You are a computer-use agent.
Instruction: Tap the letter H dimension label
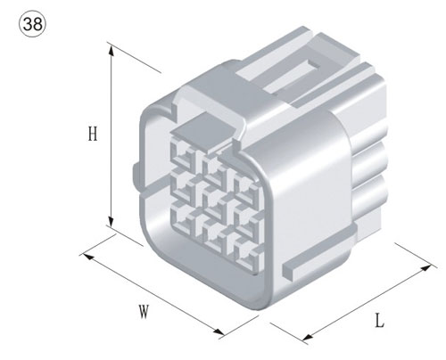coord(92,135)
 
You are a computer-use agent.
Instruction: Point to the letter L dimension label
coord(378,321)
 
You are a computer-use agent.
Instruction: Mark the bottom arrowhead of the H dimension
coord(111,223)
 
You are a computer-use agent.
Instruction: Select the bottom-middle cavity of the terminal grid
coord(213,229)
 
